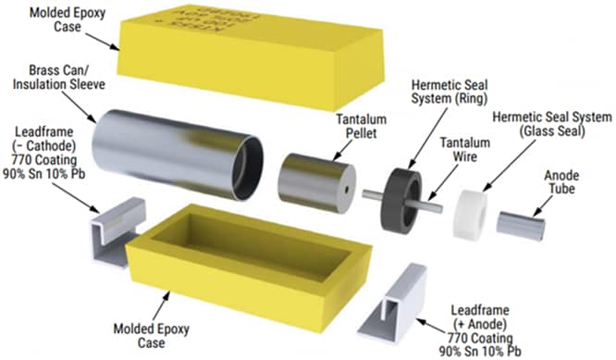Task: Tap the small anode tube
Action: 524,222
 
